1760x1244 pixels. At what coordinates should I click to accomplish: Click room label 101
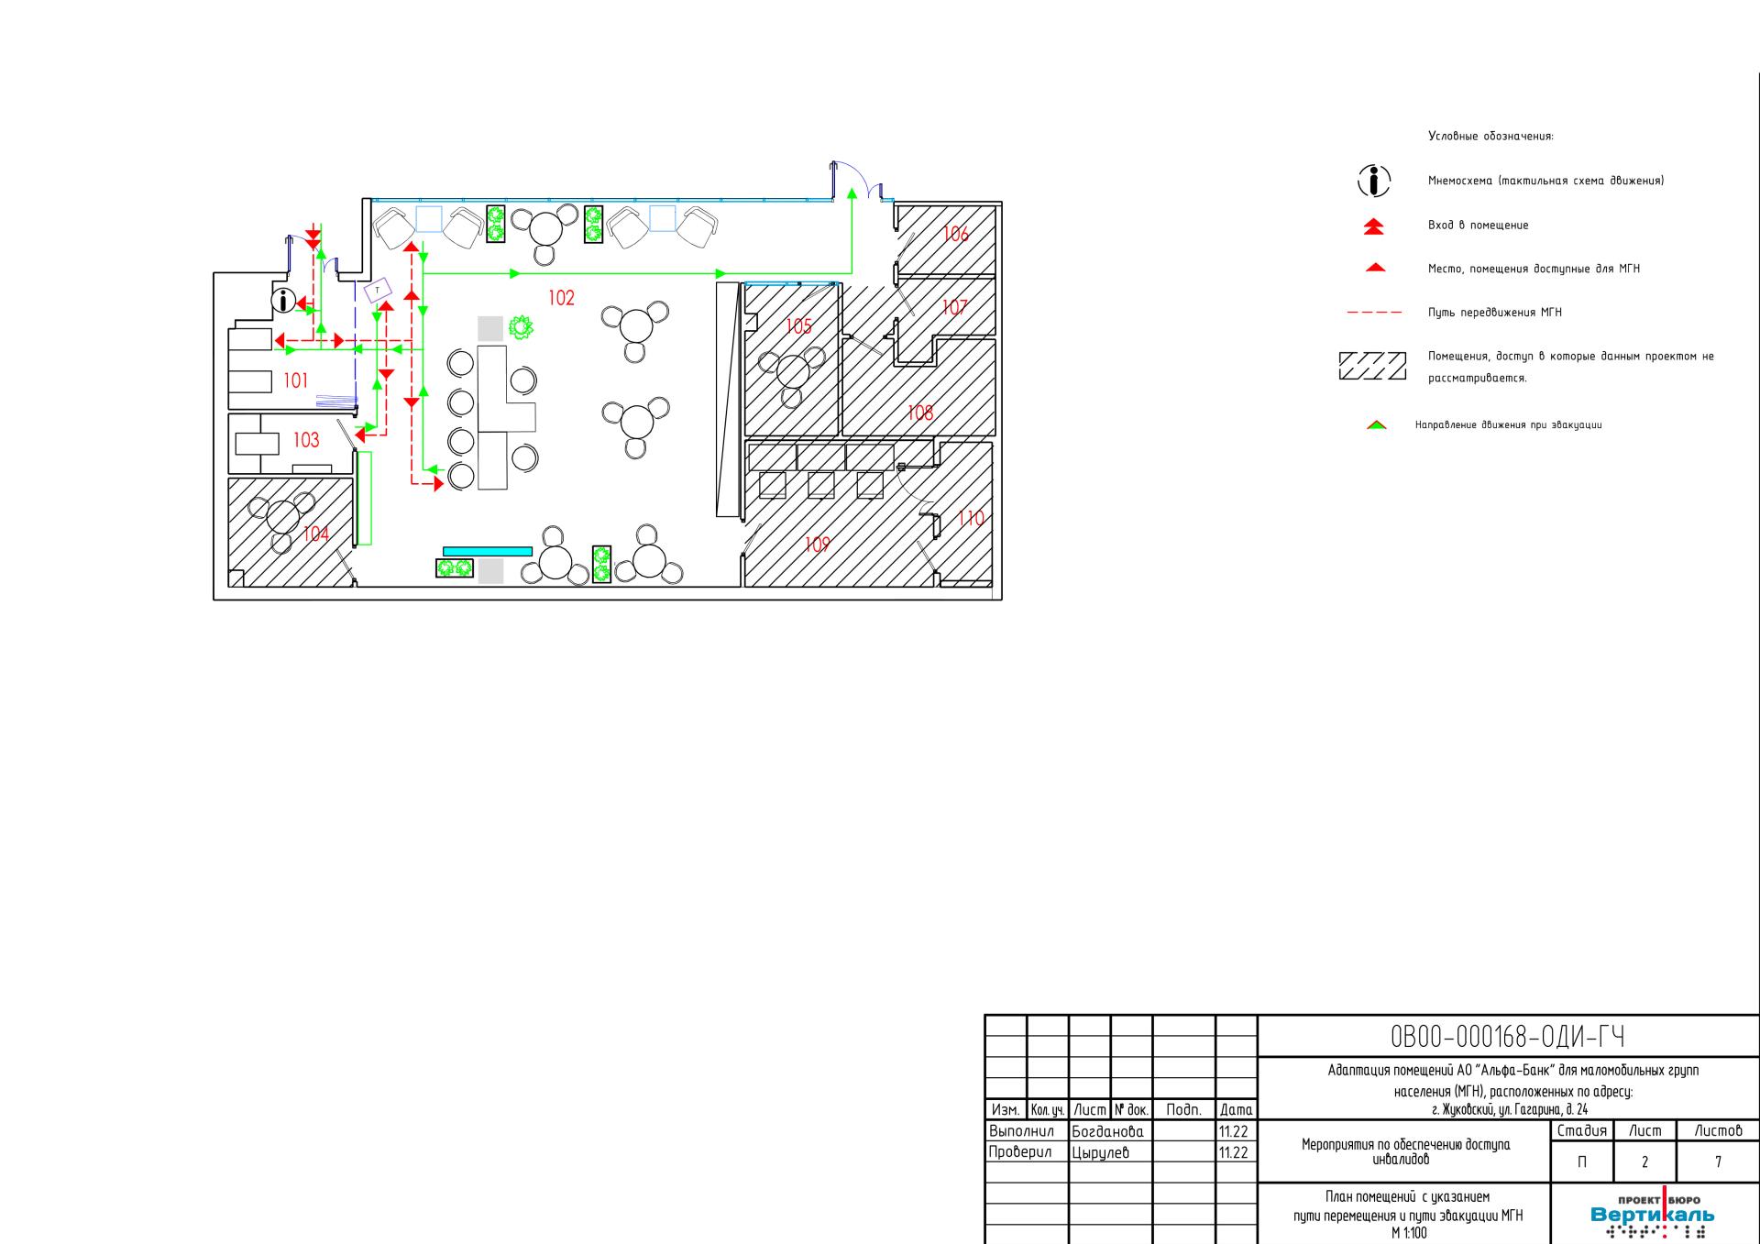click(x=295, y=380)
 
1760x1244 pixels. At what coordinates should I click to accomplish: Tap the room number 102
click(x=561, y=298)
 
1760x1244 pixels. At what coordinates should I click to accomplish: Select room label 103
click(x=306, y=440)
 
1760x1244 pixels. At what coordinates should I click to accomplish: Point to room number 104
click(x=316, y=534)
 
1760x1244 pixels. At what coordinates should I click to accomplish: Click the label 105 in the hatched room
click(x=798, y=326)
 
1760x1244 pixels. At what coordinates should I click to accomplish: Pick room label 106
click(x=955, y=234)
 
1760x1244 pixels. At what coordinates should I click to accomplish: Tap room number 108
click(x=919, y=413)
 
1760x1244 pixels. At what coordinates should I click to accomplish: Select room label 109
click(x=817, y=545)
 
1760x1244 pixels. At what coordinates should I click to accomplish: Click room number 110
click(x=970, y=519)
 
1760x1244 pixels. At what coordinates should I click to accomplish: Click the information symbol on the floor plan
click(x=284, y=301)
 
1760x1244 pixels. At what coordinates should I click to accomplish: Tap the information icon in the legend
click(x=1373, y=181)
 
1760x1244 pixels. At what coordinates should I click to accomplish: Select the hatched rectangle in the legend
click(x=1372, y=366)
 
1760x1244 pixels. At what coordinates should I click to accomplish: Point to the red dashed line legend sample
click(x=1374, y=313)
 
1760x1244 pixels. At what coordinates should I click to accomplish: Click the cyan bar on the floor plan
click(x=488, y=551)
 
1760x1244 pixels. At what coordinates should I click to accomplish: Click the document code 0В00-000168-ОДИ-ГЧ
click(x=1508, y=1037)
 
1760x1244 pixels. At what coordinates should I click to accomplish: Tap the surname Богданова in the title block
click(x=1107, y=1132)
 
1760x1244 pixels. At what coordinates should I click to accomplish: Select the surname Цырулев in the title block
click(x=1100, y=1152)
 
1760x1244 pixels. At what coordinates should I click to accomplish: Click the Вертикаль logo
click(x=1652, y=1214)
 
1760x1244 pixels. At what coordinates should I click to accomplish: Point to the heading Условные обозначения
click(x=1490, y=137)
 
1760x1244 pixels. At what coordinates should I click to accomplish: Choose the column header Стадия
click(x=1581, y=1131)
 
